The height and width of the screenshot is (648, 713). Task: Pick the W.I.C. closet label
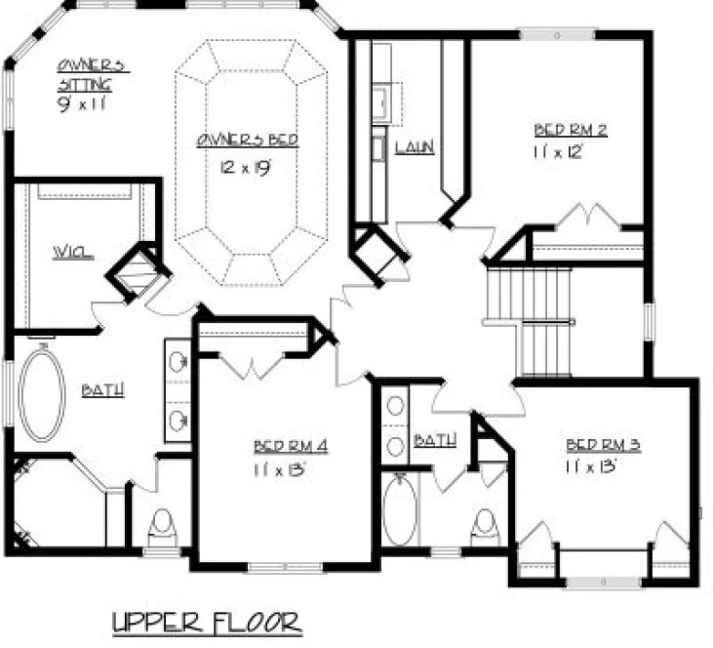pos(73,255)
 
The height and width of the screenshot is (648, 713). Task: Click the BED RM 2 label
pos(572,131)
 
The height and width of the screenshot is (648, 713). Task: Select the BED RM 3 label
pos(603,446)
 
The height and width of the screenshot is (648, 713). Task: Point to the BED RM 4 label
pos(290,447)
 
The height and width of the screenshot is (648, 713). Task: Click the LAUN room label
pos(414,148)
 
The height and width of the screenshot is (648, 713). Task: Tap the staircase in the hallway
pos(530,322)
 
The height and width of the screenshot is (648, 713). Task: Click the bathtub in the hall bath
pos(399,511)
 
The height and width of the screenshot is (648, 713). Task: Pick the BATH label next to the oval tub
pos(102,390)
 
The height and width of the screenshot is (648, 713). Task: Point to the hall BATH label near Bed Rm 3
pos(434,440)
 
